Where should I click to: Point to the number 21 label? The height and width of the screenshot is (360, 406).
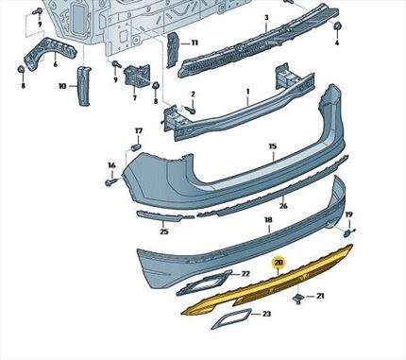coord(319,297)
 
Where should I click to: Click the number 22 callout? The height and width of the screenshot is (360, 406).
coord(245,273)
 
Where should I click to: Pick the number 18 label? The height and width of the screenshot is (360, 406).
coord(268,219)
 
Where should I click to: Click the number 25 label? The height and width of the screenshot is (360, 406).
coord(164,231)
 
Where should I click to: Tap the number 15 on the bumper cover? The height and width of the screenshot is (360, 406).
coord(272,146)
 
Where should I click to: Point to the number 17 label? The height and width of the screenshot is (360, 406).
coord(138,130)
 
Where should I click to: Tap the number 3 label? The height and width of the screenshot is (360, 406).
coord(266,18)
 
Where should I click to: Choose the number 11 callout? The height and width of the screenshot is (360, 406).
coord(195,43)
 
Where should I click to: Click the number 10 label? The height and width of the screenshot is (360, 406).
coord(62,85)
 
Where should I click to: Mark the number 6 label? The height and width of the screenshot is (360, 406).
coord(55,63)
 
